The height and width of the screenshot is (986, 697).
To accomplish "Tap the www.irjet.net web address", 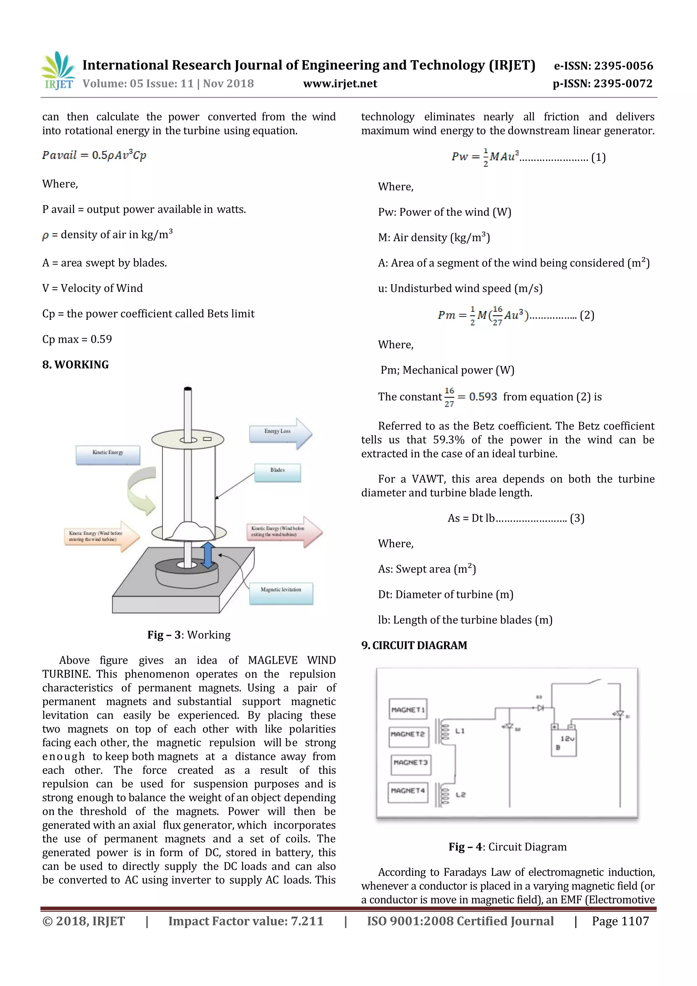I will [340, 84].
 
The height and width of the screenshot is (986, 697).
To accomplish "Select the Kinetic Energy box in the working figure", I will [108, 454].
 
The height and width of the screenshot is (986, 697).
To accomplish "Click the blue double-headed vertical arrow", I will [208, 555].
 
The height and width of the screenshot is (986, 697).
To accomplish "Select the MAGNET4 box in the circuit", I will [408, 791].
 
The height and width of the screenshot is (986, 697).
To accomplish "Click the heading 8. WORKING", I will [76, 365].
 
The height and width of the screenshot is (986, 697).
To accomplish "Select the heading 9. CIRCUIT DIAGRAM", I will [414, 645].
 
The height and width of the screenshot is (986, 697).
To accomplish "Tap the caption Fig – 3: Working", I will [189, 635].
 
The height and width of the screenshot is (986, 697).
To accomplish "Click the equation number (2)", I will [587, 316].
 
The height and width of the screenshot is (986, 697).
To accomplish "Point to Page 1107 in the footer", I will [620, 921].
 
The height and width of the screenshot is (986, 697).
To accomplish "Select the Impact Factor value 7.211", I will [307, 921].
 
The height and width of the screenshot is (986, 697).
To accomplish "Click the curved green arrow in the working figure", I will [143, 490].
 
